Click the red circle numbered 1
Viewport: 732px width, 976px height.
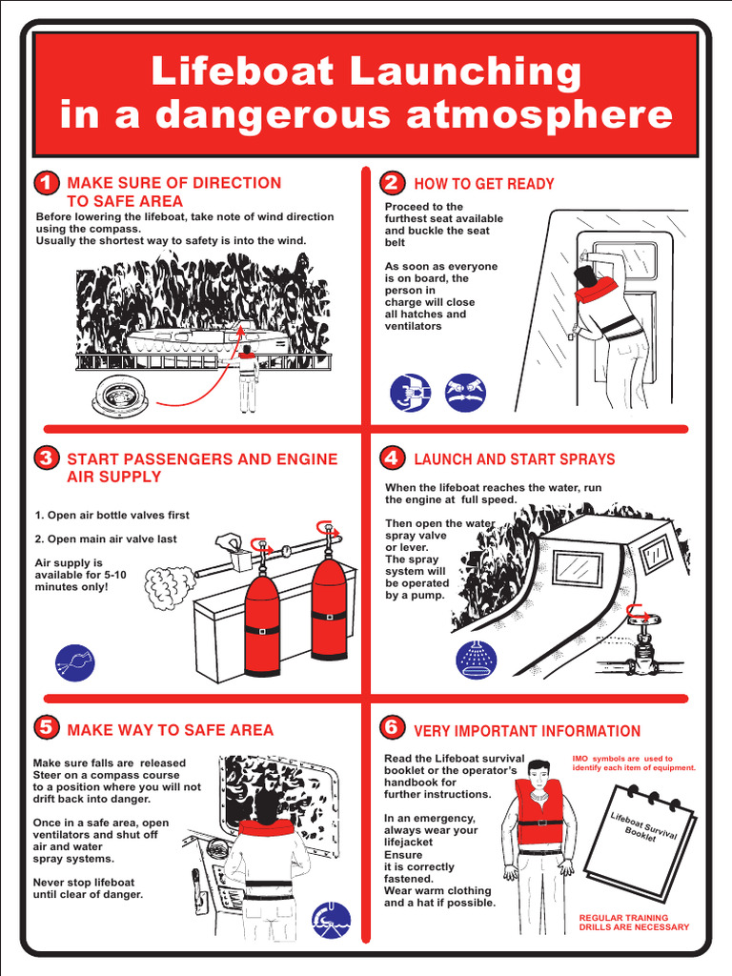pyautogui.click(x=45, y=182)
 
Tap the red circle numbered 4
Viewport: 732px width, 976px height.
pyautogui.click(x=391, y=457)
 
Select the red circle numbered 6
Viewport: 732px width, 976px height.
pyautogui.click(x=391, y=728)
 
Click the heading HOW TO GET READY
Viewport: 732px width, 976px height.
pyautogui.click(x=483, y=184)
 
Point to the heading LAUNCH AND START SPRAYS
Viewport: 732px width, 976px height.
pyautogui.click(x=514, y=459)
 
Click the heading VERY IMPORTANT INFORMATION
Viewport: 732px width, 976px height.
pyautogui.click(x=527, y=731)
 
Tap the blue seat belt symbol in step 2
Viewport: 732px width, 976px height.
pyautogui.click(x=410, y=392)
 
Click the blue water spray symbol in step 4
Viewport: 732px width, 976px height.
pyautogui.click(x=475, y=659)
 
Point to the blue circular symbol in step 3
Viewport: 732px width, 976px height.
pyautogui.click(x=75, y=662)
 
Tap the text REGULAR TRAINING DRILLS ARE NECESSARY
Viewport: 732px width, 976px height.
pyautogui.click(x=634, y=922)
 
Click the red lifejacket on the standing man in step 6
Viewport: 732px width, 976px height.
pyautogui.click(x=539, y=813)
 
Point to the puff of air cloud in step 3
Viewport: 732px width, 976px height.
pyautogui.click(x=169, y=589)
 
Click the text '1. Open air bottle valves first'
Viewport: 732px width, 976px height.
pyautogui.click(x=112, y=515)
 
